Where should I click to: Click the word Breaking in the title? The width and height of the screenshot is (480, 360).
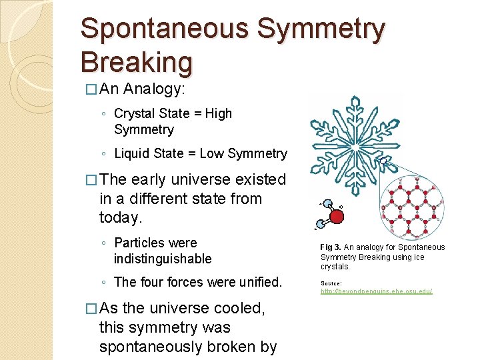pos(136,62)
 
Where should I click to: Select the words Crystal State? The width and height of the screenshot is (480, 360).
pos(148,113)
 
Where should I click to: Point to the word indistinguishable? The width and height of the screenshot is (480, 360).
pos(163,259)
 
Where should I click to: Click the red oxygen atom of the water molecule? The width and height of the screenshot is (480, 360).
pos(337,217)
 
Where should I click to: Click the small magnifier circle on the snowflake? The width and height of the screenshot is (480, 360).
pos(384,161)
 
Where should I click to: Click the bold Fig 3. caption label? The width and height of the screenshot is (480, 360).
pos(331,247)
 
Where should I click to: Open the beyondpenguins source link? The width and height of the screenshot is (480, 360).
pos(377,291)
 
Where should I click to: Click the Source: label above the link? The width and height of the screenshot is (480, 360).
pos(331,283)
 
